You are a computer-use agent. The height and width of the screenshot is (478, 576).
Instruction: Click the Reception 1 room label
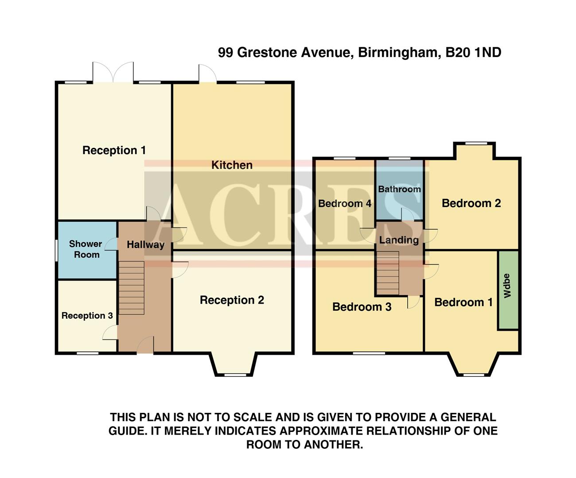pyautogui.click(x=114, y=150)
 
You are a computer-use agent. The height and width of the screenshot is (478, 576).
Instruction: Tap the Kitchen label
pyautogui.click(x=232, y=165)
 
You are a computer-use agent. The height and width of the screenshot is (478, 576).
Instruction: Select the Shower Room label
pyautogui.click(x=86, y=249)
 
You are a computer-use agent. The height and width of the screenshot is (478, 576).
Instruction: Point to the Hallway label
pyautogui.click(x=145, y=245)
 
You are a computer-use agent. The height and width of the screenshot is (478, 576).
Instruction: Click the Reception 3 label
pyautogui.click(x=87, y=316)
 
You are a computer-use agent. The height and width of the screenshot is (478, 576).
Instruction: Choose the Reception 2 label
pyautogui.click(x=232, y=300)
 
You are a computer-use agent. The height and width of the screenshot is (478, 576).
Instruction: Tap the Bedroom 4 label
pyautogui.click(x=345, y=204)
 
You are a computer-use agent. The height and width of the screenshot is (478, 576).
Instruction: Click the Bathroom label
pyautogui.click(x=399, y=189)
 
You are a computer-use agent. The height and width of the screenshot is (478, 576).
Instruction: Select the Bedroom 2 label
pyautogui.click(x=471, y=203)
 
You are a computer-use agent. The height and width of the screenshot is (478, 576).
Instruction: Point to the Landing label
pyautogui.click(x=399, y=240)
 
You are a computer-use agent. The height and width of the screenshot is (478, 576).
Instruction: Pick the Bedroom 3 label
pyautogui.click(x=362, y=307)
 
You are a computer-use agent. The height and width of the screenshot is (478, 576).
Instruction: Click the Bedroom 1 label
pyautogui.click(x=463, y=302)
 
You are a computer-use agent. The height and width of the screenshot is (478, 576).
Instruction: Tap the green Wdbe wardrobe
pyautogui.click(x=508, y=290)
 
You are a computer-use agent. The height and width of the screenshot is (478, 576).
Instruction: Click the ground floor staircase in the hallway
pyautogui.click(x=132, y=288)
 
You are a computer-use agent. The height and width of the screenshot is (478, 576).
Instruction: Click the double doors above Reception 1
pyautogui.click(x=113, y=73)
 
